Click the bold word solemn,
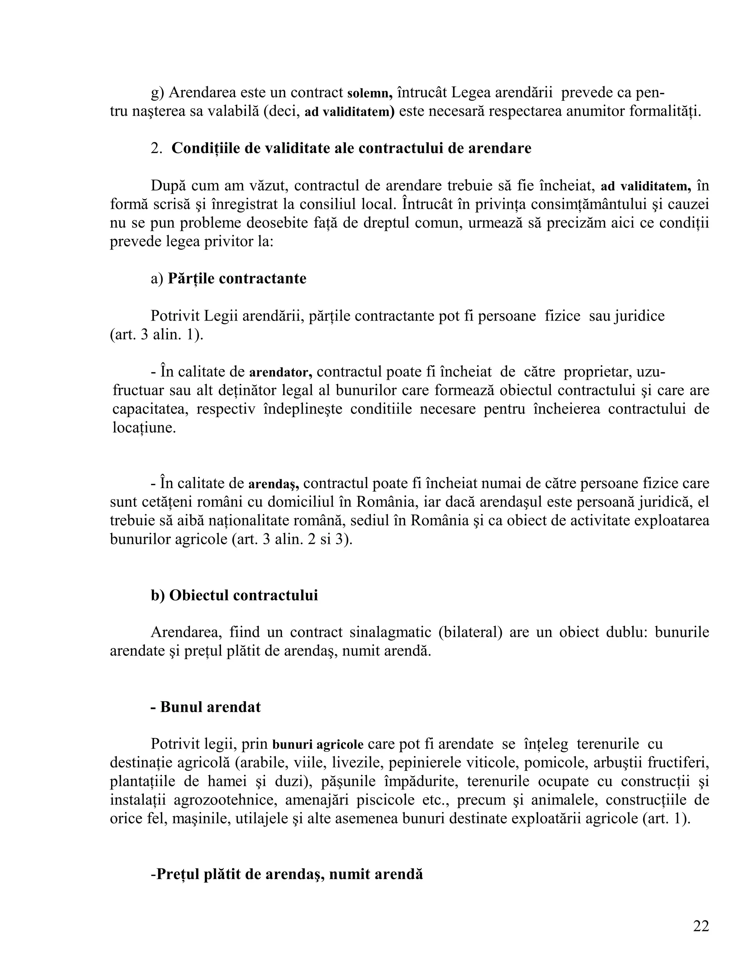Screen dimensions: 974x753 point(370,93)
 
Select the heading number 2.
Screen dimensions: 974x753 point(156,148)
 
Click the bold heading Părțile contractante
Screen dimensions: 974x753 point(237,278)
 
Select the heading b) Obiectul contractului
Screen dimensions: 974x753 point(234,595)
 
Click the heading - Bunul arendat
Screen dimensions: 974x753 point(205,707)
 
